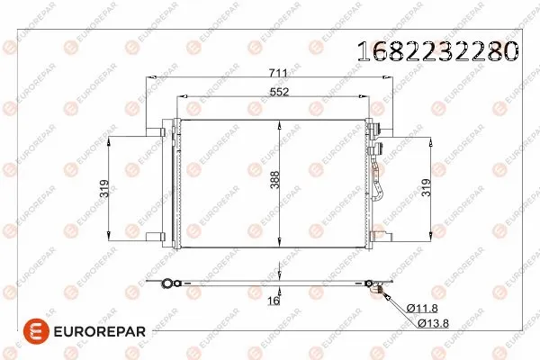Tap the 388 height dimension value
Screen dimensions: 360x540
pyautogui.click(x=287, y=184)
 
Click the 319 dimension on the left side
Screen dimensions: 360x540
pyautogui.click(x=104, y=189)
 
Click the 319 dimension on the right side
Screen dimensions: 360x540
pyautogui.click(x=426, y=189)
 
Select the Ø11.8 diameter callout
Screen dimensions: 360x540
pyautogui.click(x=423, y=309)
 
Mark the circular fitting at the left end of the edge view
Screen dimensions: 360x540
pyautogui.click(x=167, y=284)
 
